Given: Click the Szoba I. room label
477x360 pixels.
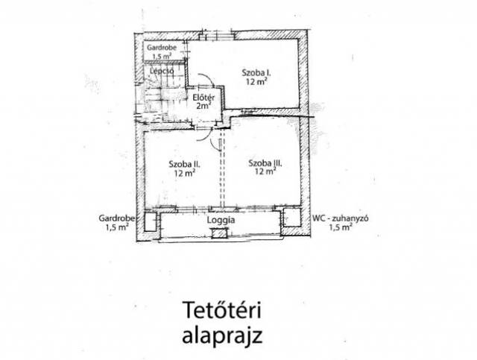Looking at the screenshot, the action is [x=256, y=73].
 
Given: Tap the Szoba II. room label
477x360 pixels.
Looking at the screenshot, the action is [x=184, y=164].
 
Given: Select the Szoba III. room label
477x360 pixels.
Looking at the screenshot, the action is [x=265, y=163].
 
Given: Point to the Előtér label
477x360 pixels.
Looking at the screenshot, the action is [x=203, y=98].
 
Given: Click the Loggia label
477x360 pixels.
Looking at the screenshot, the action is [x=221, y=220].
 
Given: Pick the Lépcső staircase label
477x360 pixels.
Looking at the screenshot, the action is [x=162, y=72].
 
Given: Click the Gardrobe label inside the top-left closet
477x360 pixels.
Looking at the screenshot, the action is [x=162, y=48].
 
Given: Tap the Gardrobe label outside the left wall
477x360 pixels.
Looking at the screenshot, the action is [x=117, y=218].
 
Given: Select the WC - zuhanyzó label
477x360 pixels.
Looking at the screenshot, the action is [x=341, y=218].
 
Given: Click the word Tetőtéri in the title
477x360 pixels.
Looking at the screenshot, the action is [x=222, y=310].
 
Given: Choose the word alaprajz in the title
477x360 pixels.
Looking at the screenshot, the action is [x=222, y=336].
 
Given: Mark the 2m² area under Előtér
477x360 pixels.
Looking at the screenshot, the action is [x=203, y=106].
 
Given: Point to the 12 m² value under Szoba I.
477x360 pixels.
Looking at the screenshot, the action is [x=256, y=81].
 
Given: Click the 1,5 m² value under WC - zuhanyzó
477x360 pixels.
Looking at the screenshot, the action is [x=341, y=227].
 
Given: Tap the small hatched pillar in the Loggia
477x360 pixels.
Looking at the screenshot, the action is [x=219, y=233].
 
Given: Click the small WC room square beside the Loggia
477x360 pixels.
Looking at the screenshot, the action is [x=292, y=218].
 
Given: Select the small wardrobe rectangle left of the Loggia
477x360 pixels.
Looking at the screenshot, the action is [x=151, y=221].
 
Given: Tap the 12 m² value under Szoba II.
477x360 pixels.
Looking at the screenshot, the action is [x=185, y=173].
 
